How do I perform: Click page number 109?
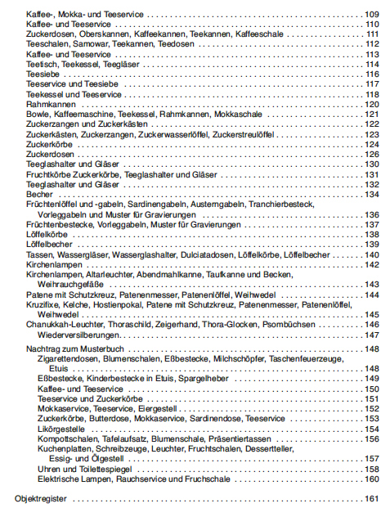point(371,16)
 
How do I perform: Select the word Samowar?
point(87,44)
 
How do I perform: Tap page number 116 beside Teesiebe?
point(371,74)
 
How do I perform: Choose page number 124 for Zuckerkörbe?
point(371,144)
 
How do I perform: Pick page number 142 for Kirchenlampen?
point(371,263)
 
